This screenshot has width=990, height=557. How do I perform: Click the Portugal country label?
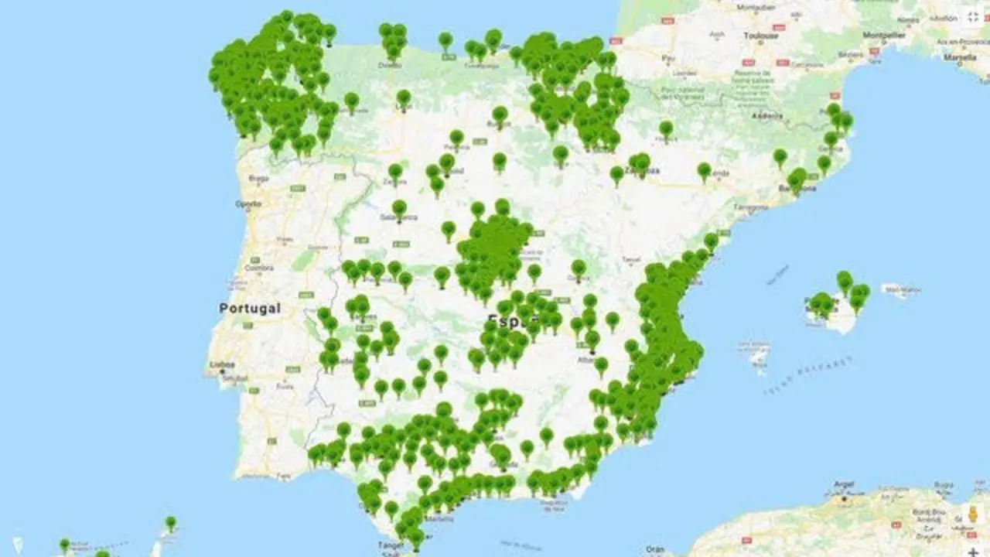coord(249,308)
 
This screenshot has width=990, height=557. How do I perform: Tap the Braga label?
coord(258,178)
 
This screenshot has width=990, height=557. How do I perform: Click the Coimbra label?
coord(258,268)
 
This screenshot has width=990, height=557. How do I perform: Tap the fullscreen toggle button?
coord(973,16)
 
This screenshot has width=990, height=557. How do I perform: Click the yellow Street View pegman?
coord(973,514)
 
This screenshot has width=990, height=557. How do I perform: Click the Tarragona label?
coord(750,208)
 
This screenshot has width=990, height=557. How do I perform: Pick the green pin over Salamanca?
coord(399,209)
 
